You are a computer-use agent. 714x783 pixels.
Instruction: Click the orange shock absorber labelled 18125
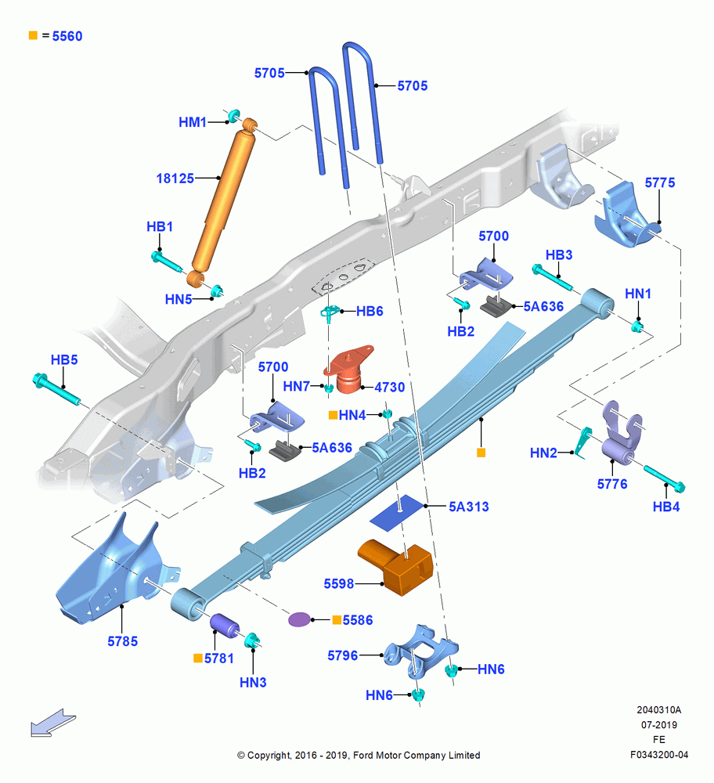[x=224, y=202]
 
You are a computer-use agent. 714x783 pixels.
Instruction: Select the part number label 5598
[x=338, y=583]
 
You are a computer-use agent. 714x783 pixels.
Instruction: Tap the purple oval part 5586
[x=299, y=619]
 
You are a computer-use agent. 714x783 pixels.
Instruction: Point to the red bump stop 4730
[x=349, y=369]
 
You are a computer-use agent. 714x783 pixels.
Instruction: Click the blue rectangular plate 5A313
[x=396, y=513]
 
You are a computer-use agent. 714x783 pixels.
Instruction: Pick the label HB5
[x=64, y=359]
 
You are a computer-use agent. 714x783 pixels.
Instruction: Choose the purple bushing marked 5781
[x=224, y=626]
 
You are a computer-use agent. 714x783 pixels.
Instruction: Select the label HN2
[x=543, y=453]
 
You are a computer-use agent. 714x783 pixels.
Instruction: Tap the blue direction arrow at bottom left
[x=53, y=723]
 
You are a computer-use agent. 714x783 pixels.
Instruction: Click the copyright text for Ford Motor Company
[x=359, y=755]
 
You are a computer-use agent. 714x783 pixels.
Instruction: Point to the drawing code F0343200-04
[x=659, y=755]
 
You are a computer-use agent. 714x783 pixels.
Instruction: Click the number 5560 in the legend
[x=67, y=36]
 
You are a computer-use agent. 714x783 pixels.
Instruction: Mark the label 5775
[x=659, y=182]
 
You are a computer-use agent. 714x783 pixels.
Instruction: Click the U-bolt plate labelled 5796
[x=420, y=650]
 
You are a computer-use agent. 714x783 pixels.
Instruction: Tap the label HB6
[x=370, y=311]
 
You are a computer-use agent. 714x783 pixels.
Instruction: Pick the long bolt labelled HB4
[x=664, y=479]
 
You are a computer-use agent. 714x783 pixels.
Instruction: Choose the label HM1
[x=193, y=122]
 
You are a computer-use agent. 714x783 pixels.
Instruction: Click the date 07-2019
[x=659, y=724]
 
